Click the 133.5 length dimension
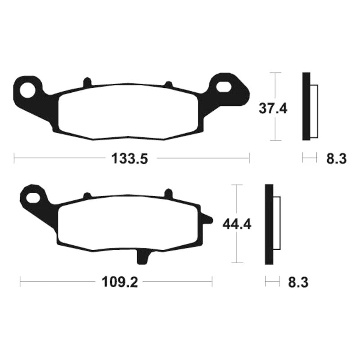pyautogui.click(x=130, y=159)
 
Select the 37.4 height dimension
pyautogui.click(x=273, y=108)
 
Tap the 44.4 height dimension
pyautogui.click(x=237, y=224)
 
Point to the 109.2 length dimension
pyautogui.click(x=120, y=282)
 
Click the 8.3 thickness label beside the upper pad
pyautogui.click(x=336, y=159)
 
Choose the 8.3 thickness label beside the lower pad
pyautogui.click(x=298, y=282)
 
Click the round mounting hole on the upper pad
pyautogui.click(x=27, y=90)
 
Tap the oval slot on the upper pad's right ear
pyautogui.click(x=223, y=87)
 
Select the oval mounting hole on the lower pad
pyautogui.click(x=33, y=198)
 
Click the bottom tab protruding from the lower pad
pyautogui.click(x=142, y=256)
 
